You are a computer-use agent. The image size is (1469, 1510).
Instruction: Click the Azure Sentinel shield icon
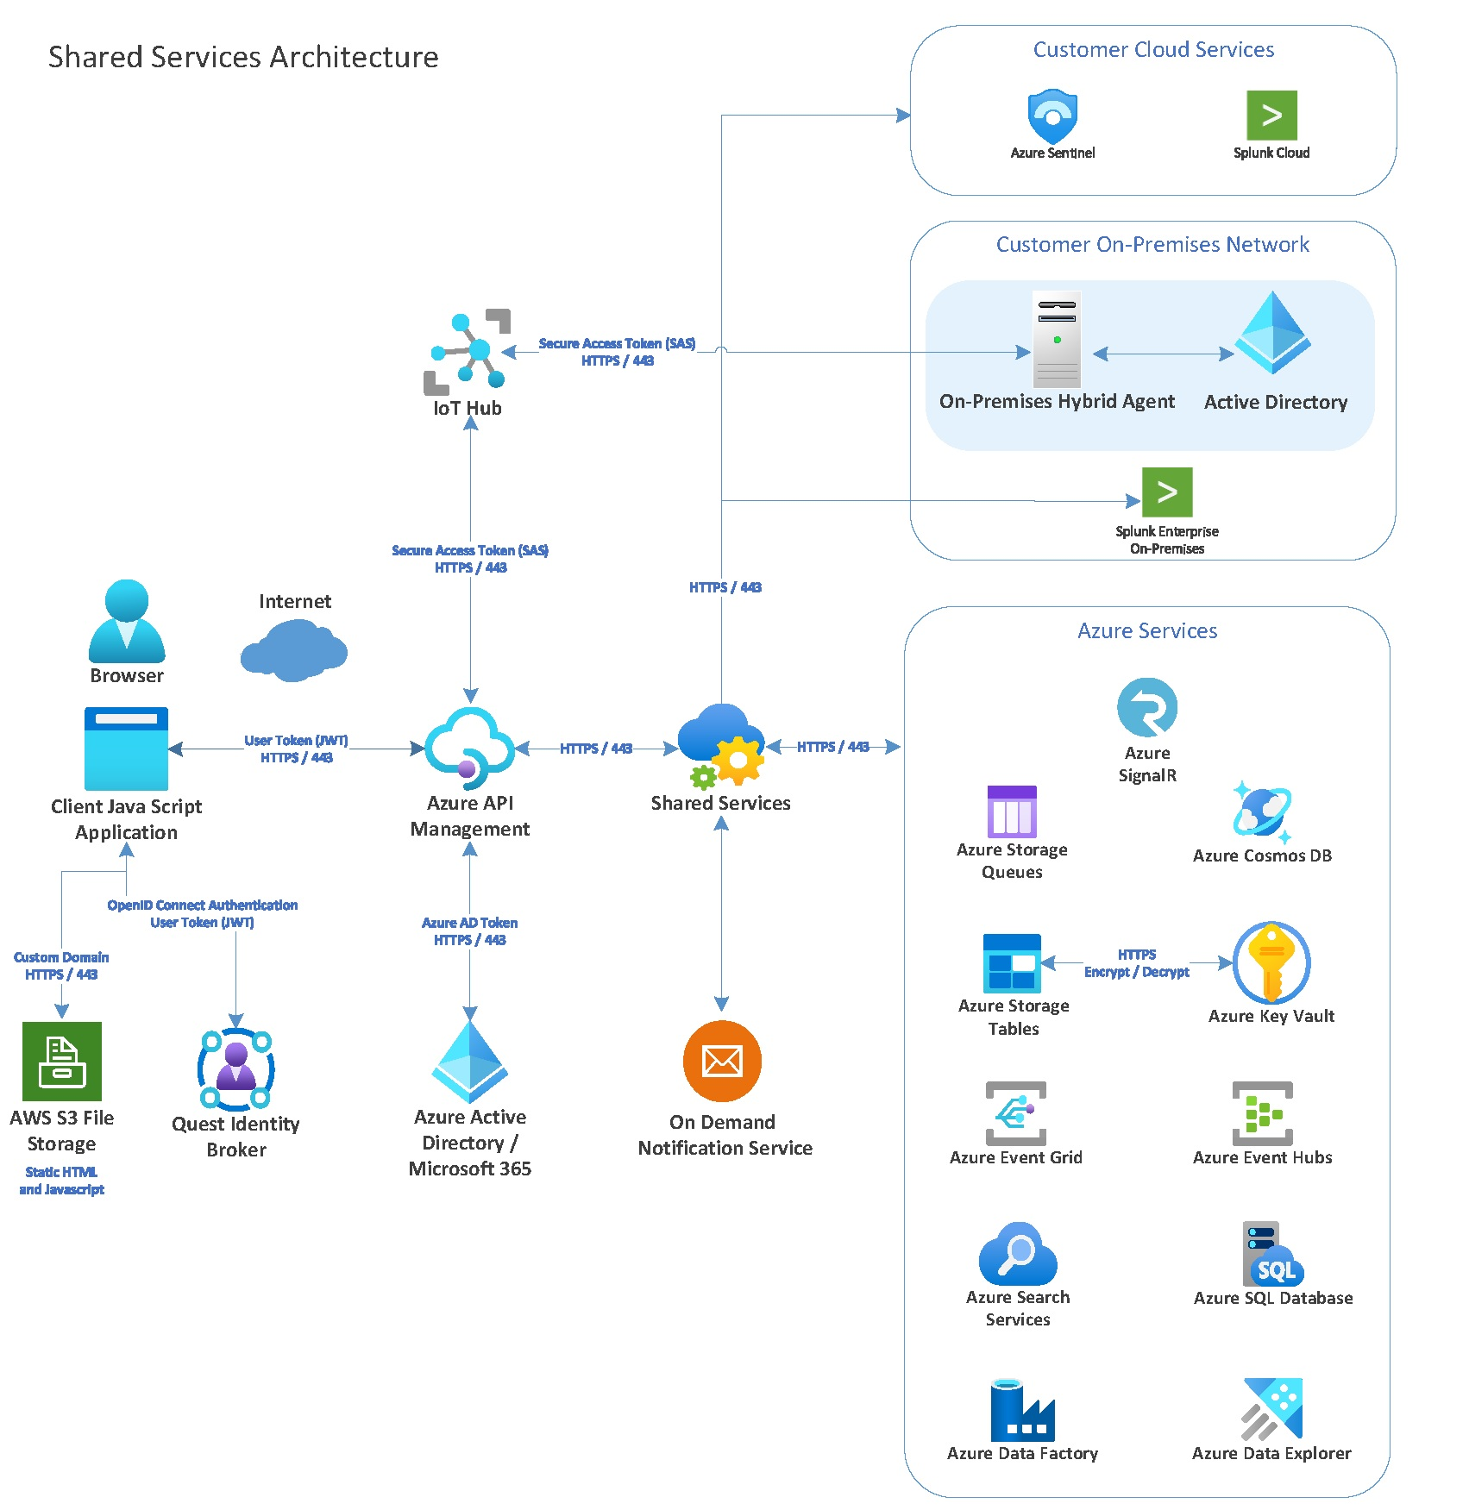(1052, 116)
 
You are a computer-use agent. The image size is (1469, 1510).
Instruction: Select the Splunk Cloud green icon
(1271, 115)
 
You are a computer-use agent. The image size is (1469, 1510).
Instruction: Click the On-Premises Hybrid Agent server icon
(1057, 340)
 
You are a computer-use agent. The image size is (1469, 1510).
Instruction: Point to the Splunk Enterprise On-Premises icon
(1167, 492)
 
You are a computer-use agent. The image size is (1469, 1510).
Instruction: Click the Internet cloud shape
(293, 651)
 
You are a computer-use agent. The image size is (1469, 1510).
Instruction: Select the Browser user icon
(127, 621)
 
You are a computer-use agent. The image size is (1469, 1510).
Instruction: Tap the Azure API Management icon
(469, 748)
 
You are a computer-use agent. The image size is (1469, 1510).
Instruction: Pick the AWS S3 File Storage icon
(62, 1062)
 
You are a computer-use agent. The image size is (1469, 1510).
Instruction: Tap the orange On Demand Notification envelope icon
(722, 1061)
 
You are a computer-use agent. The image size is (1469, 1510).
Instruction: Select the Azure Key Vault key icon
(1271, 962)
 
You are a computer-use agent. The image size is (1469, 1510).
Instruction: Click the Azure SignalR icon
(1146, 707)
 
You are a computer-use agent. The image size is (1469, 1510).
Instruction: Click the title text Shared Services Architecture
(243, 57)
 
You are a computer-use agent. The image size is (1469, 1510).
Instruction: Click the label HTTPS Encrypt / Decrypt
(1136, 963)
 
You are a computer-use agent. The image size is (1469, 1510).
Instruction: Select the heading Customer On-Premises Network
(1152, 245)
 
